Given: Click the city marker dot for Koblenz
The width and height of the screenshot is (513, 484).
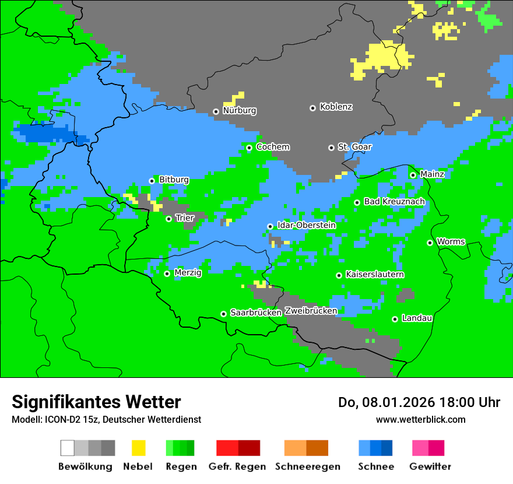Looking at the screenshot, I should (x=312, y=108).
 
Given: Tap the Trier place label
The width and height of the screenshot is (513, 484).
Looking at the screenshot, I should (x=185, y=218).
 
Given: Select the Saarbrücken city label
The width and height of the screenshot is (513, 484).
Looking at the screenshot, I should (x=256, y=313).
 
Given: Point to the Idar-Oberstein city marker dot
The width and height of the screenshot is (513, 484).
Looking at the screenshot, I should (x=270, y=226).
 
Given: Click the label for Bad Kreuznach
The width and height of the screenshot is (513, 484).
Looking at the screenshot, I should (x=394, y=201).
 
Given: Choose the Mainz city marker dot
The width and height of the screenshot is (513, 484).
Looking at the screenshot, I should (x=413, y=175).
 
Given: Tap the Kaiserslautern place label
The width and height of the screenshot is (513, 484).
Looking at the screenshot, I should (x=375, y=274).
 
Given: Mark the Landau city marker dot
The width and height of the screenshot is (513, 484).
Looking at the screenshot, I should (x=395, y=319).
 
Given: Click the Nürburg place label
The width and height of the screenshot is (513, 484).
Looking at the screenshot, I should (x=239, y=110).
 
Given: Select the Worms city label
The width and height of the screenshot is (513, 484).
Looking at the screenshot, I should (x=451, y=241).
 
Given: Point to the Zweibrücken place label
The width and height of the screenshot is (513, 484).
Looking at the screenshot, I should (x=311, y=311).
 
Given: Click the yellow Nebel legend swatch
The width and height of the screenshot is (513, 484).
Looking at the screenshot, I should (x=138, y=448).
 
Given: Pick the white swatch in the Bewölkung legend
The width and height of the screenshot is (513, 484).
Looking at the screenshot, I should (x=68, y=448).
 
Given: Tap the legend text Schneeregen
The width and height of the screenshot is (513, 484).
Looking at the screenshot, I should (x=307, y=467).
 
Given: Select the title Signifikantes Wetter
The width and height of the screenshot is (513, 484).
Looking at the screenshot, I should (x=96, y=402).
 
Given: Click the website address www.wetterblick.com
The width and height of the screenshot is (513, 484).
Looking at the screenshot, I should (x=420, y=419).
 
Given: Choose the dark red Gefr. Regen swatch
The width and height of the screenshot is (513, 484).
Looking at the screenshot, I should (x=249, y=448).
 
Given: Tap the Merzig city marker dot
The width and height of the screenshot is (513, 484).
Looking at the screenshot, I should (x=167, y=273).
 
